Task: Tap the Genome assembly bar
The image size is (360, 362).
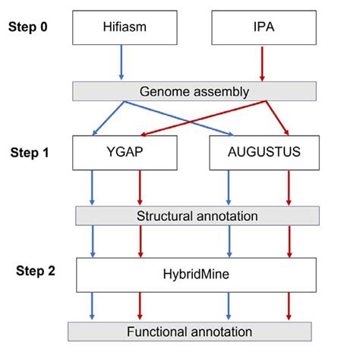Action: tap(194, 91)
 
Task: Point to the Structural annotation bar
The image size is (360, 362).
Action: tap(197, 216)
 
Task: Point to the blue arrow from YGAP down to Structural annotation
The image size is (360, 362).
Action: tap(93, 187)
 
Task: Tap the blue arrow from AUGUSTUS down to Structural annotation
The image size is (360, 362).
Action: tap(229, 187)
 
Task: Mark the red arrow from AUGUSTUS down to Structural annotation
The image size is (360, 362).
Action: tap(289, 187)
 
